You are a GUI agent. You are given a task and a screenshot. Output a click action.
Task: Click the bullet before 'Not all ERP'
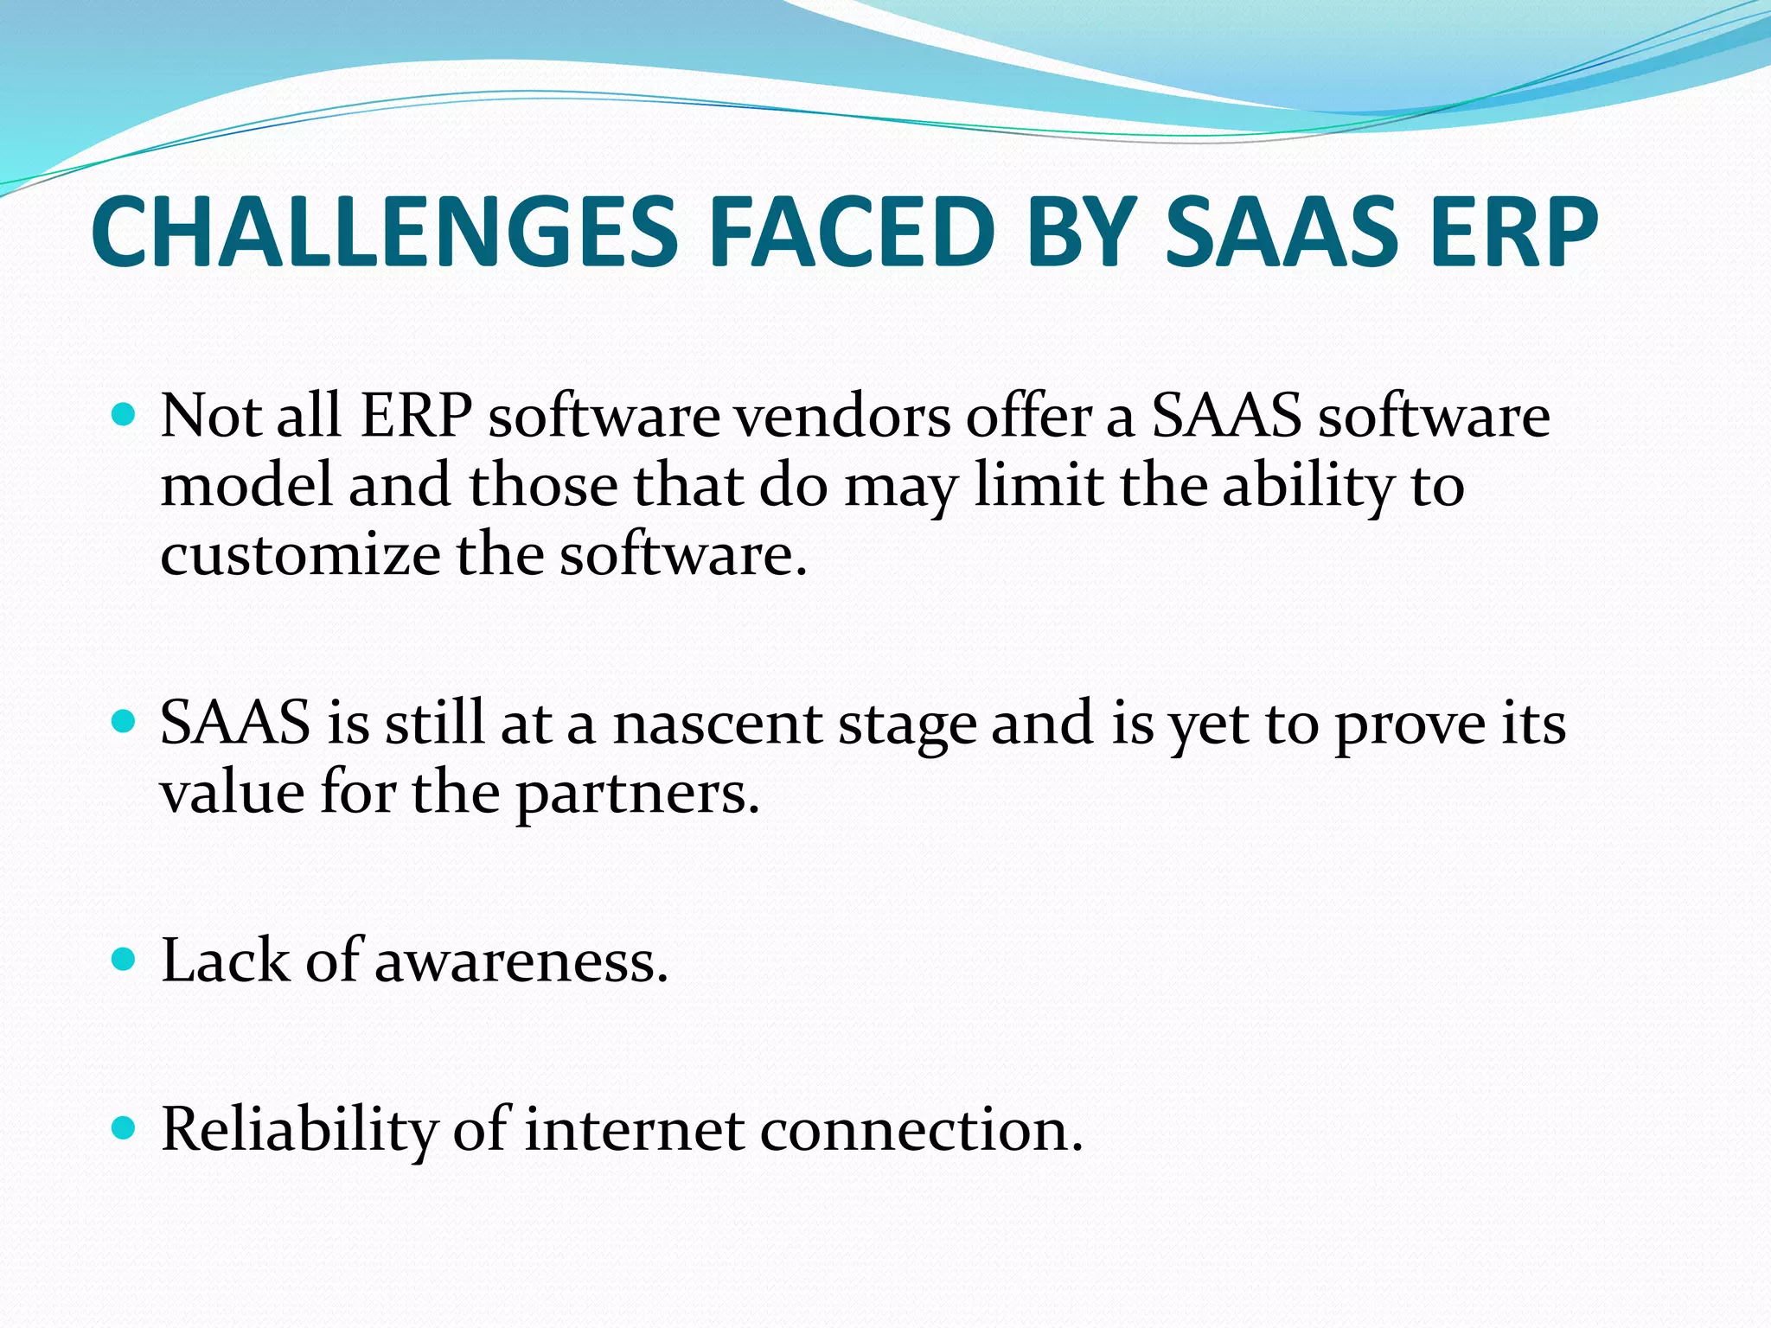click(x=125, y=416)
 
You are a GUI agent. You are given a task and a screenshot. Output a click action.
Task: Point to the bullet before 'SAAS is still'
click(x=125, y=722)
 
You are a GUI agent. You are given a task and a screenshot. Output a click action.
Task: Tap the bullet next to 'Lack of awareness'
click(x=125, y=960)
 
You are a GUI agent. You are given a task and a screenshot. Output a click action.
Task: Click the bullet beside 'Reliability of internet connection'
click(x=125, y=1128)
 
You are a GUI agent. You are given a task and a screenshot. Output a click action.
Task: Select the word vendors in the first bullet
click(x=841, y=417)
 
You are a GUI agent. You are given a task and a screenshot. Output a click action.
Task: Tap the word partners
click(x=637, y=793)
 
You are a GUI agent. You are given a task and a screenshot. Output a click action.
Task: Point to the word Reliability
click(x=299, y=1130)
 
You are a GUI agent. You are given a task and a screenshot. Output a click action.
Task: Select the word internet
click(x=634, y=1130)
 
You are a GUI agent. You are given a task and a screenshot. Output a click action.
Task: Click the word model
click(x=246, y=485)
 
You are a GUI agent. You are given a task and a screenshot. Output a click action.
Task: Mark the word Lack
click(x=225, y=961)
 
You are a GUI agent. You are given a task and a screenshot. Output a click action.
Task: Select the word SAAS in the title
click(x=1281, y=232)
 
